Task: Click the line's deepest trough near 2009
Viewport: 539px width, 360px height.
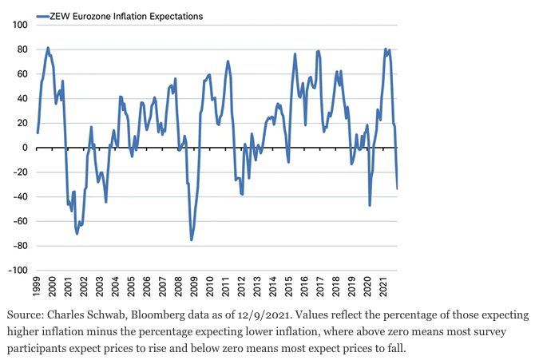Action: tap(192, 239)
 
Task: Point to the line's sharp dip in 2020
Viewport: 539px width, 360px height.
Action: tap(370, 205)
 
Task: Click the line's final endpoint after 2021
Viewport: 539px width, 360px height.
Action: tap(398, 188)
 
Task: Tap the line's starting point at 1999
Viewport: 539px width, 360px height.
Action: tap(38, 133)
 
